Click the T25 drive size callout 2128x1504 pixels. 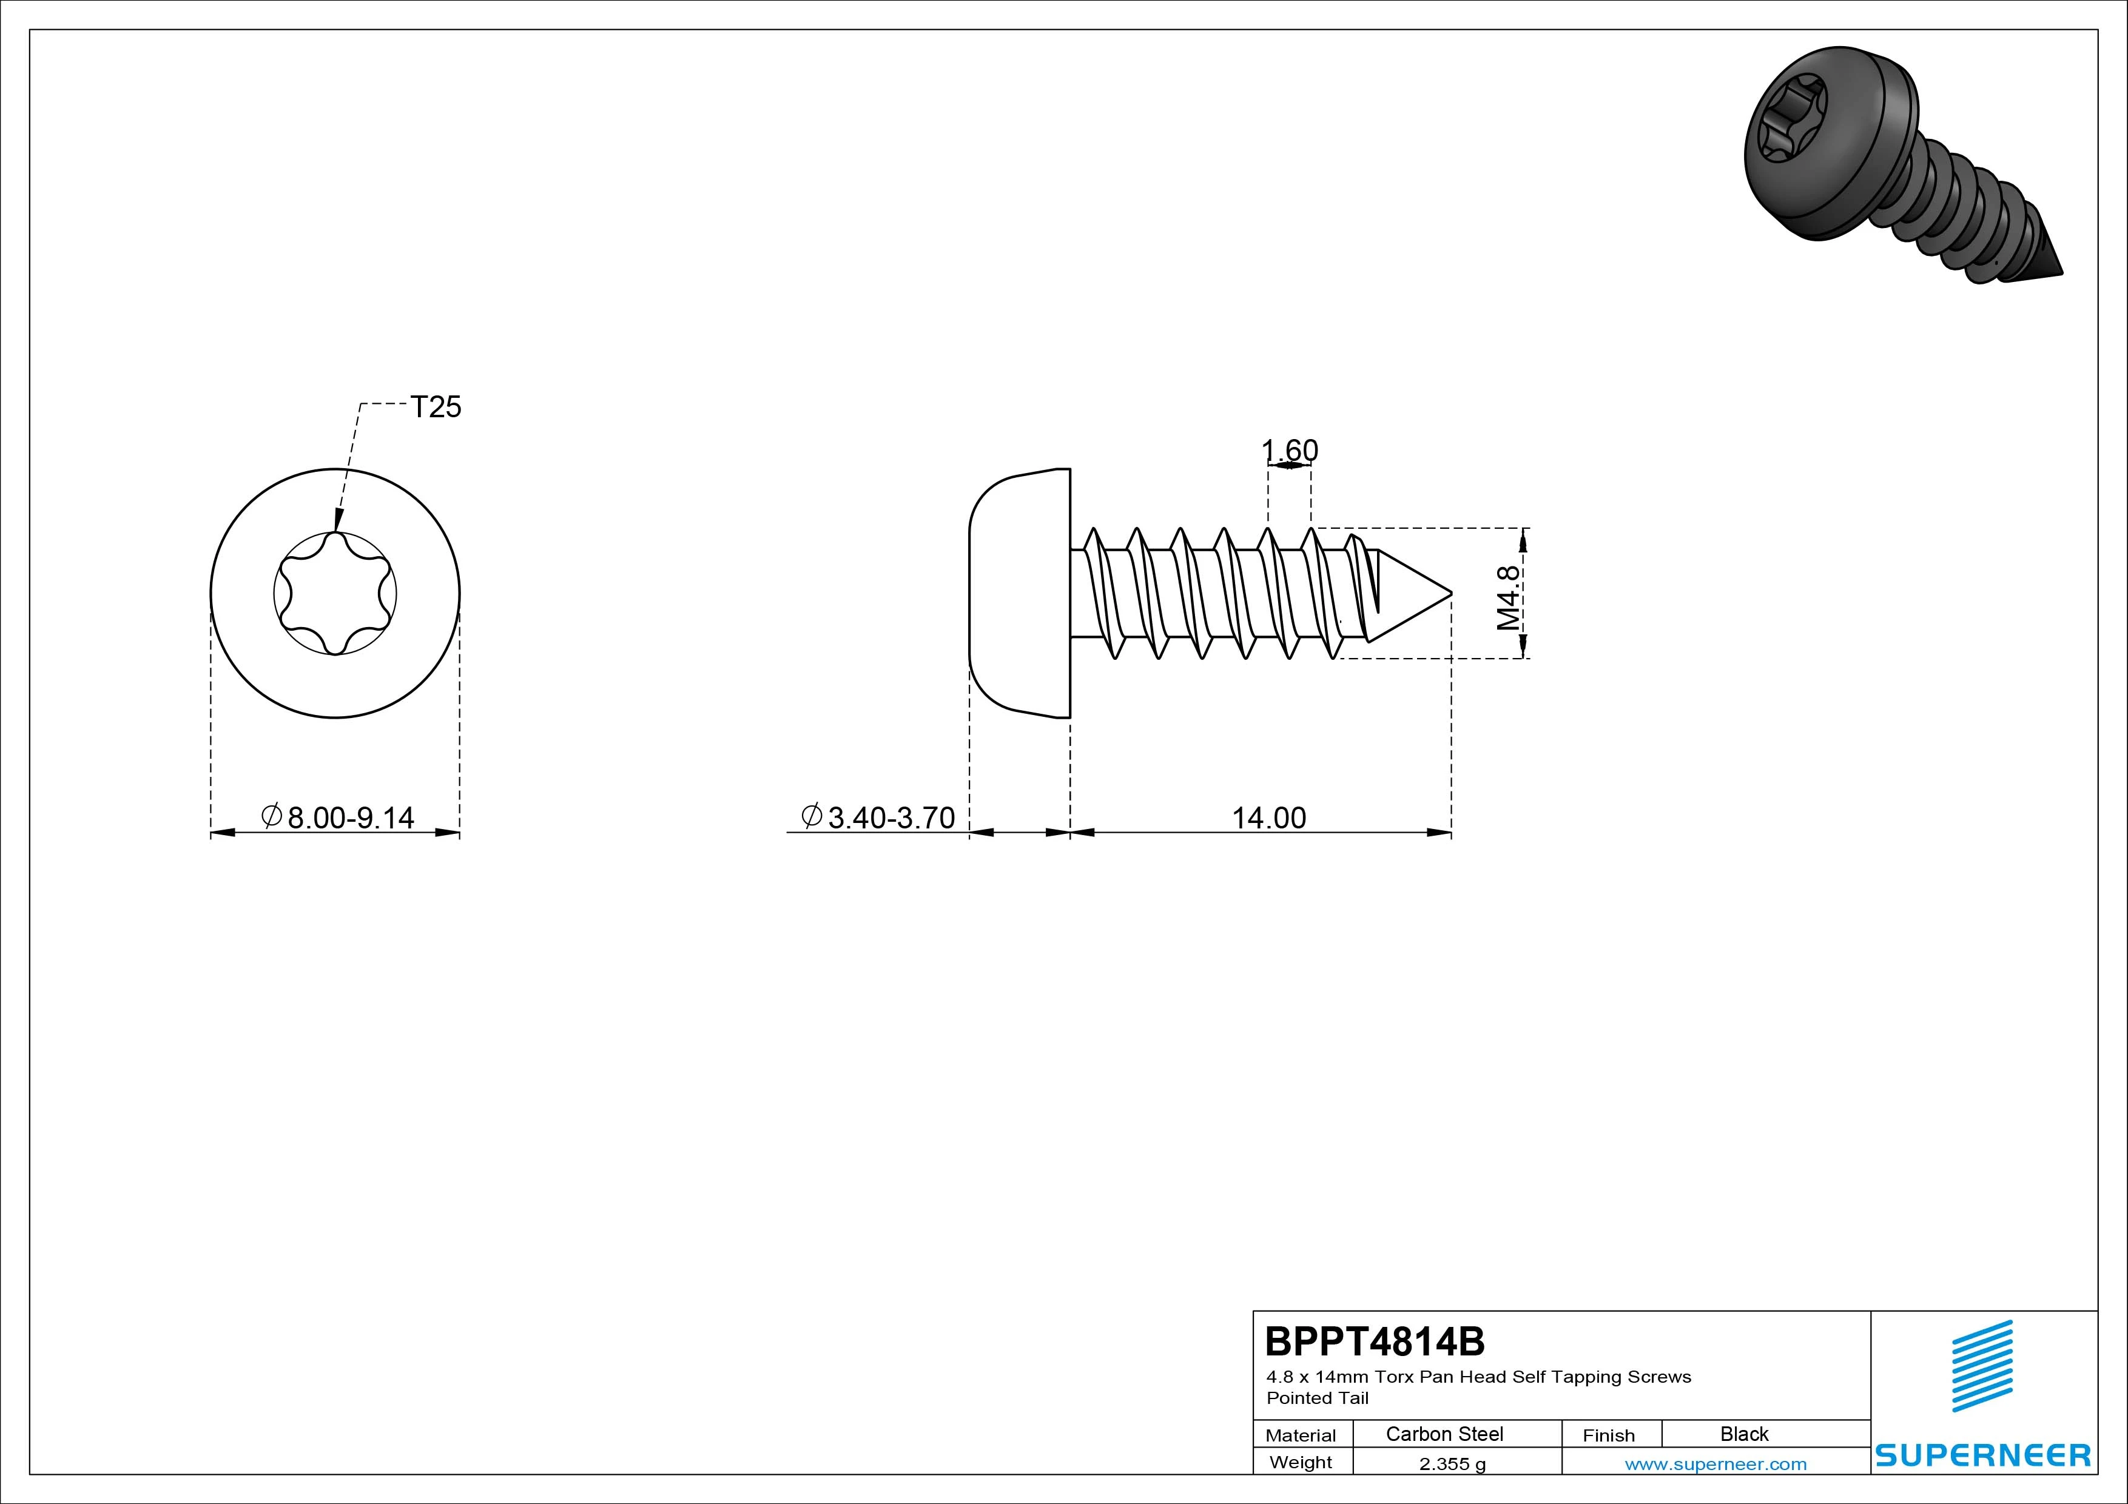[x=436, y=407]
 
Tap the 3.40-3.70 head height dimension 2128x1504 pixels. [x=878, y=817]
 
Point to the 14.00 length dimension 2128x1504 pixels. [x=1269, y=817]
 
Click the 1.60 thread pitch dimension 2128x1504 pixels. [x=1289, y=451]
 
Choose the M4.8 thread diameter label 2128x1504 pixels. [x=1509, y=598]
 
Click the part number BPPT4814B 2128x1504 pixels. [x=1375, y=1341]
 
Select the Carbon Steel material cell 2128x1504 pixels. [x=1444, y=1434]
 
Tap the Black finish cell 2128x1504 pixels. [x=1744, y=1434]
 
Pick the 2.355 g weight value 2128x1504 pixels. [x=1452, y=1464]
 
